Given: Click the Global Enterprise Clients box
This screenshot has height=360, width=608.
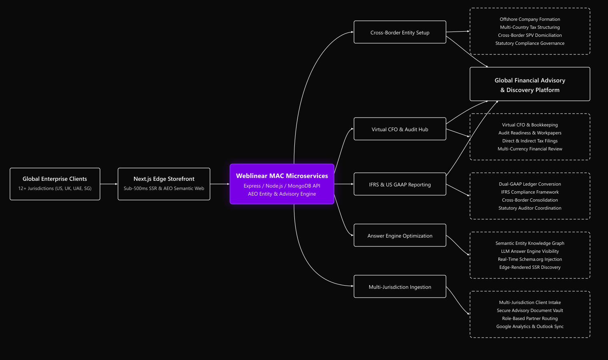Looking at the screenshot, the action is tap(55, 184).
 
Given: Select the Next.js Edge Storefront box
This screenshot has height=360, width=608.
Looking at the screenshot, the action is tap(164, 184).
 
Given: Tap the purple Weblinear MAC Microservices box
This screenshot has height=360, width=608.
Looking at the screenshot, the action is tap(282, 184).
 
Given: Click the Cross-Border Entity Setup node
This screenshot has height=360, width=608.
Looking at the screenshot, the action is tap(400, 32).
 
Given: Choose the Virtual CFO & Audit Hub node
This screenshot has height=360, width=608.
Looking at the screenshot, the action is tap(400, 129).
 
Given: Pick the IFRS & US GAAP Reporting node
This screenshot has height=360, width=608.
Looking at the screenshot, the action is tap(400, 184).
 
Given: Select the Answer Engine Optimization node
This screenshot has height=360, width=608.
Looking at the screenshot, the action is tap(400, 235).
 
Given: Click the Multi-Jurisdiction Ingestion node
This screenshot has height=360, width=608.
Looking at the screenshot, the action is tap(400, 286).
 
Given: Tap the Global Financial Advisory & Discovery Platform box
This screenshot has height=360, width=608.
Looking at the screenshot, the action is tap(530, 84).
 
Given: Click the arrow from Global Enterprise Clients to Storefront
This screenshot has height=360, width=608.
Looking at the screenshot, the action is tap(109, 184).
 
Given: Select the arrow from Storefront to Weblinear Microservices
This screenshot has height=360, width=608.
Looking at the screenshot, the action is tap(220, 184).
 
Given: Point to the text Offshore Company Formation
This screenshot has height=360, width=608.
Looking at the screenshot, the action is tap(530, 19).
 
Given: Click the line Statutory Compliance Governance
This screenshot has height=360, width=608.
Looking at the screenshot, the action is tap(530, 43).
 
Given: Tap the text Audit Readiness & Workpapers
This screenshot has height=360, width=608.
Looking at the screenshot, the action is tap(530, 133).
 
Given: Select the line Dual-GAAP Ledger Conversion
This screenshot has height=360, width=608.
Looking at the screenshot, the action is tap(530, 184).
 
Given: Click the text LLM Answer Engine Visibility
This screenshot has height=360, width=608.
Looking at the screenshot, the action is tap(530, 252).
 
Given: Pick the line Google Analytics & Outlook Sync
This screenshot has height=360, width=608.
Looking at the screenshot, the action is tap(530, 327).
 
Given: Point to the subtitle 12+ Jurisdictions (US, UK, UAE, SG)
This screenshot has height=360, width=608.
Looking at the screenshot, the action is tap(55, 188).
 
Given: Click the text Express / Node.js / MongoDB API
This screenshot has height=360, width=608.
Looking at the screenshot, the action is tap(282, 186).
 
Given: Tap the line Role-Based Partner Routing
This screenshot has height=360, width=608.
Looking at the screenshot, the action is tap(530, 318).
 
